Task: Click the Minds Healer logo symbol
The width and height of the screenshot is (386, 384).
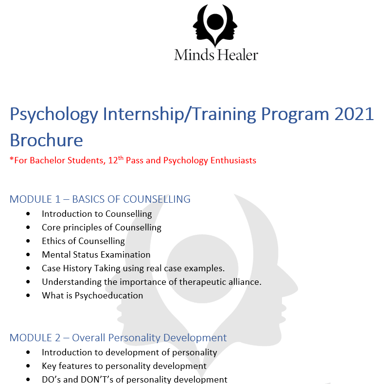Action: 215,25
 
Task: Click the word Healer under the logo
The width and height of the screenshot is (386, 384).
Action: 237,54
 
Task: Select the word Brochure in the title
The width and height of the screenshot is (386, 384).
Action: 46,140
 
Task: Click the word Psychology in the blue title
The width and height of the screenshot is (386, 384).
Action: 54,115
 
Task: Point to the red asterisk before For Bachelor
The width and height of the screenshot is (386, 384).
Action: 12,159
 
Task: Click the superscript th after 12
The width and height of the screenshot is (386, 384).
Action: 121,158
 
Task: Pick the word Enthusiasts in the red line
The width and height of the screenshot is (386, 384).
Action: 233,160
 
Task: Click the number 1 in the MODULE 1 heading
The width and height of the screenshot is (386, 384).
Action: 58,199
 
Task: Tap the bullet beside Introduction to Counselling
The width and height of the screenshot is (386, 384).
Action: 28,214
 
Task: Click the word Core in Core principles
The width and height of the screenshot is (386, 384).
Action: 51,227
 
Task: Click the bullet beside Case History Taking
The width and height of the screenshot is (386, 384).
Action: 28,268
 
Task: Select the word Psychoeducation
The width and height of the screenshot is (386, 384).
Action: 109,296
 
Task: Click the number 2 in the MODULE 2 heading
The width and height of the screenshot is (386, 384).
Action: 57,338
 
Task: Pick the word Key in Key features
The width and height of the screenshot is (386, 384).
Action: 49,367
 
